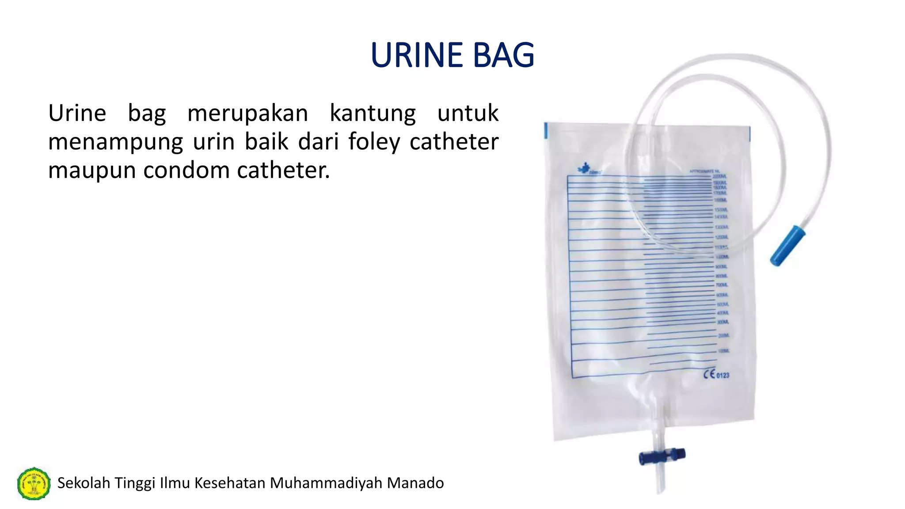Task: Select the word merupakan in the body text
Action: click(x=247, y=113)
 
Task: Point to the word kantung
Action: click(x=373, y=113)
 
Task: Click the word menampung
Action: click(x=115, y=142)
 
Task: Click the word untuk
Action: click(x=468, y=113)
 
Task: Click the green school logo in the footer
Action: click(x=34, y=483)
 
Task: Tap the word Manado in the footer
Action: click(x=415, y=483)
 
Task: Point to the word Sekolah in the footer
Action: click(x=84, y=483)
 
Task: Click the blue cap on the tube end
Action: click(x=787, y=246)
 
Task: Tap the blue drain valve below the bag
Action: click(x=662, y=456)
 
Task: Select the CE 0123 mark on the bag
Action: click(x=716, y=374)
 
